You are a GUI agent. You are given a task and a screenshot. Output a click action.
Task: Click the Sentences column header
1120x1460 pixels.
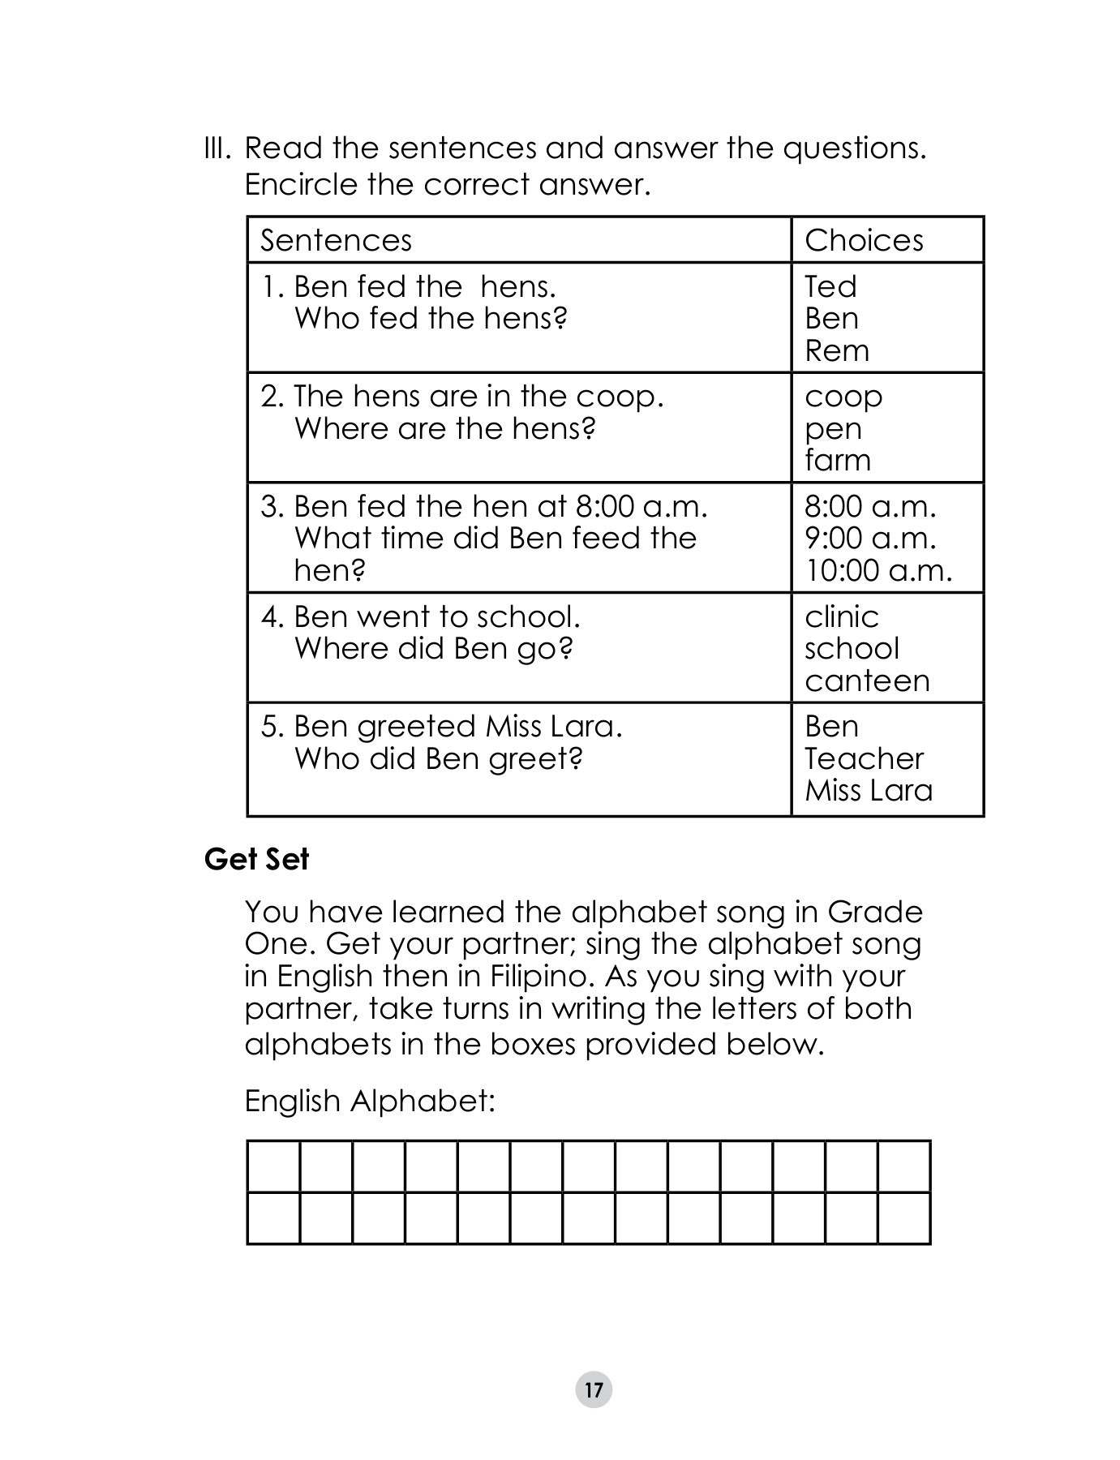336,240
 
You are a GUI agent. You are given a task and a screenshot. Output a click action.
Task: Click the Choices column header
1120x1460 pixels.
864,240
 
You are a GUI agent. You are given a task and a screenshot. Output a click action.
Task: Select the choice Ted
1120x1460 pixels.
830,286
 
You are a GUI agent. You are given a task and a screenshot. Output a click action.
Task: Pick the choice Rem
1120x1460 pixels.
836,350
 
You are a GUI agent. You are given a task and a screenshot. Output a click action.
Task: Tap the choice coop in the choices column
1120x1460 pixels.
843,397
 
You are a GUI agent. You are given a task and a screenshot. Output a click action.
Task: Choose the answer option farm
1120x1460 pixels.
837,461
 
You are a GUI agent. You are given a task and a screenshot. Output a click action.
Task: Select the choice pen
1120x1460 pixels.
832,430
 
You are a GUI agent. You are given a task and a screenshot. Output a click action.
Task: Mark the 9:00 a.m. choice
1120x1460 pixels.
869,538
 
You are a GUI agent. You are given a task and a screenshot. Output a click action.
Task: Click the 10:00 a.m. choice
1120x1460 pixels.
878,570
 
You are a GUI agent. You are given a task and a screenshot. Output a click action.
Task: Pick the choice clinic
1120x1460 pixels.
841,616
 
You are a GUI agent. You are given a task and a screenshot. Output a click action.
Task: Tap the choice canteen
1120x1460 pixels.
866,681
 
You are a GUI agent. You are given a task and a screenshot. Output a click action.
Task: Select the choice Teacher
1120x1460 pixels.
863,758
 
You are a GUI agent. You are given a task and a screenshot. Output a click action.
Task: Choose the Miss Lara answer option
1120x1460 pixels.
868,790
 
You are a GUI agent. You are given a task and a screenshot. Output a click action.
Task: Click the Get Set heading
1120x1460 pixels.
256,859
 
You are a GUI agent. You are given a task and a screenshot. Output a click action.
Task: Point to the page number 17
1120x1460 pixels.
594,1390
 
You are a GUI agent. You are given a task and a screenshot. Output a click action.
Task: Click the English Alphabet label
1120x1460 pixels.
369,1101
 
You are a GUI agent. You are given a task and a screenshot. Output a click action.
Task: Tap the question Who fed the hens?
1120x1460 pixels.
430,318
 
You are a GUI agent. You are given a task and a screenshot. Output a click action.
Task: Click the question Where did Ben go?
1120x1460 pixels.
433,648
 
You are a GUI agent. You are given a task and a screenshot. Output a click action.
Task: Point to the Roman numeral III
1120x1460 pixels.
217,148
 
